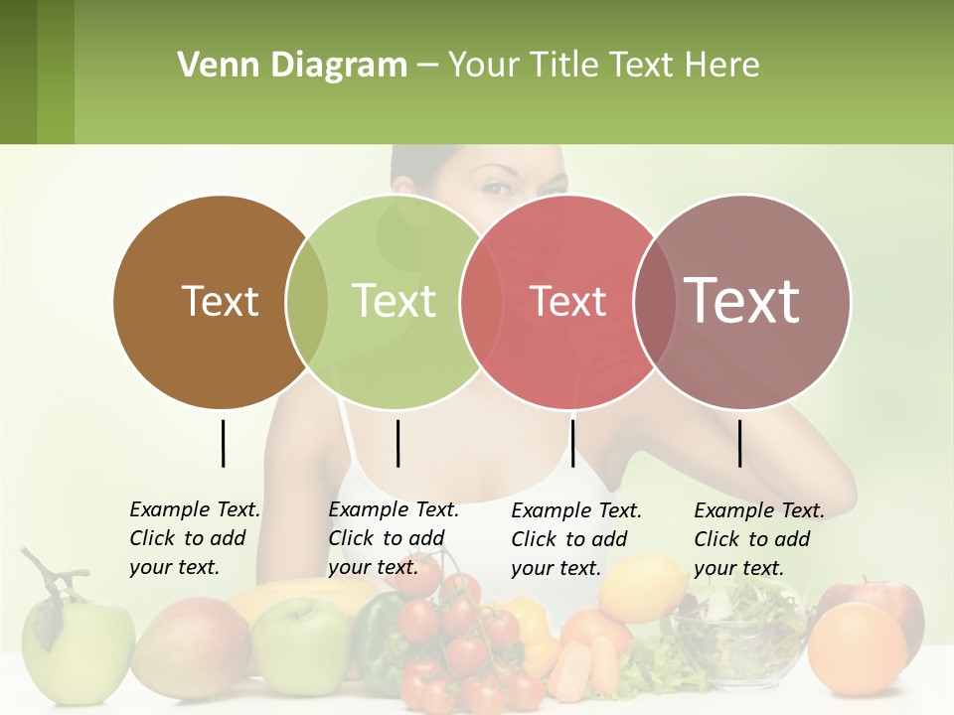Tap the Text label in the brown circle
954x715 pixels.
[220, 301]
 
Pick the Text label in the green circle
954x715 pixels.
[394, 301]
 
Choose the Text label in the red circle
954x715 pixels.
[567, 301]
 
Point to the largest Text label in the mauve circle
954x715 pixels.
[742, 301]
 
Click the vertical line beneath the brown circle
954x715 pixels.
[223, 443]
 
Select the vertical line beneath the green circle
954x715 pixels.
[397, 443]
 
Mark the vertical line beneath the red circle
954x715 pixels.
[572, 443]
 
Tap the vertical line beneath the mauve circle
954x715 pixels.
[740, 443]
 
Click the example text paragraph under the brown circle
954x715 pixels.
[195, 538]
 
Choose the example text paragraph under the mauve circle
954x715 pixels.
[759, 539]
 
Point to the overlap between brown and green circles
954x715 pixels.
[307, 301]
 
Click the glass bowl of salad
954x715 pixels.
[736, 636]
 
